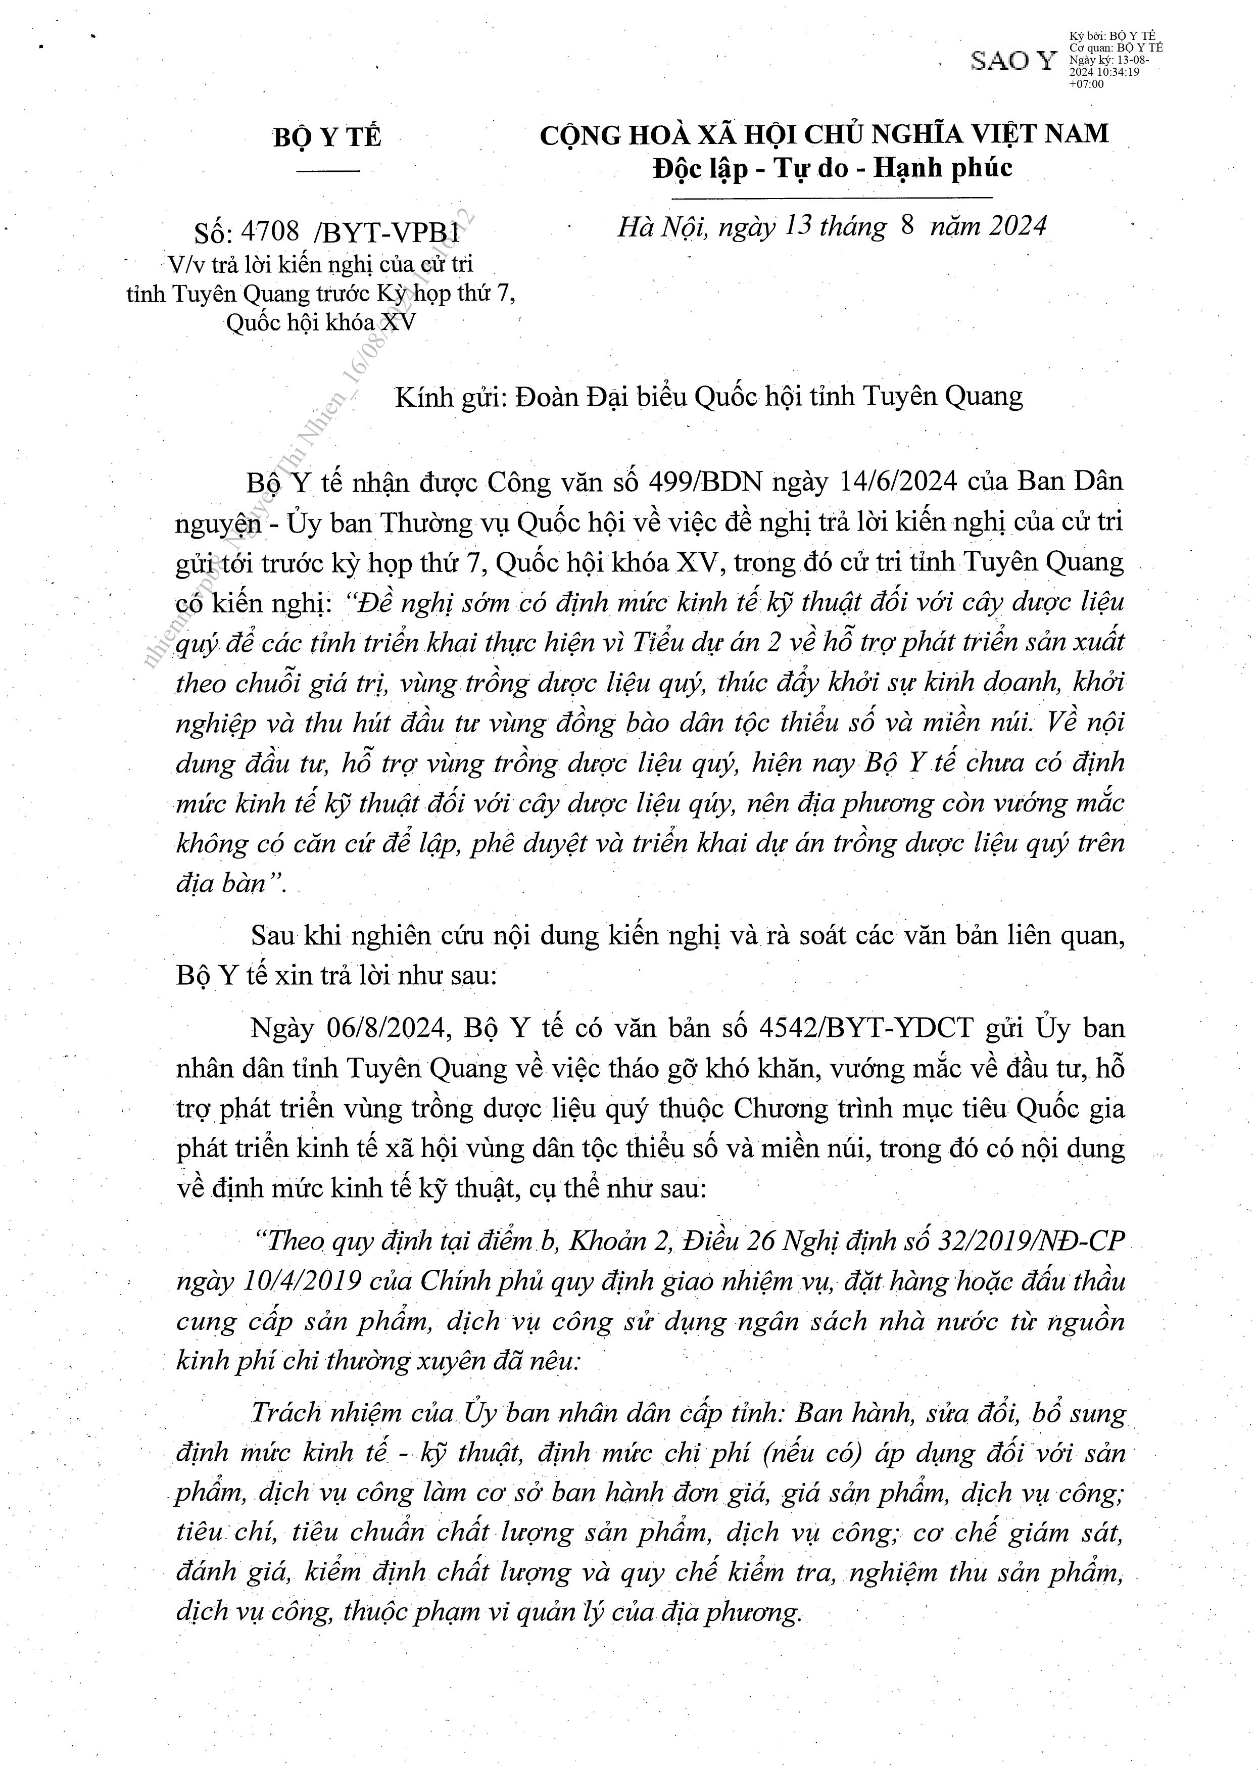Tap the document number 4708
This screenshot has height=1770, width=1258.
tap(270, 231)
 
